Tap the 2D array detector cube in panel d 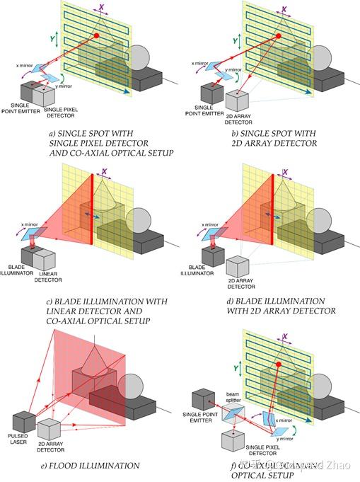click(x=238, y=265)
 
